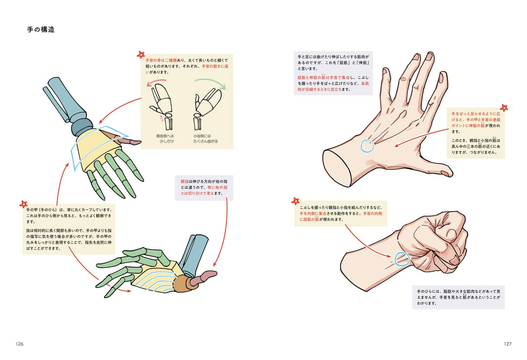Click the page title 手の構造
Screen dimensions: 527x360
click(x=41, y=30)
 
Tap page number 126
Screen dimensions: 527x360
click(x=20, y=344)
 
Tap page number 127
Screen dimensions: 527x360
click(x=507, y=344)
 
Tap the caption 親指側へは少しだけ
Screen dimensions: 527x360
click(x=165, y=138)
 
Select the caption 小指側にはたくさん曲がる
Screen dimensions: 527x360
click(x=205, y=138)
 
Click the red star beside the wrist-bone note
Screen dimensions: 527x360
click(x=141, y=55)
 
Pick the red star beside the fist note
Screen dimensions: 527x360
click(x=295, y=201)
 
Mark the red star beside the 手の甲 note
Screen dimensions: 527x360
click(x=23, y=204)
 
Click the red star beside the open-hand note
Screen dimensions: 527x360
click(x=504, y=108)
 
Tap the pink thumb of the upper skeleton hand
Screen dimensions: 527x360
click(x=130, y=141)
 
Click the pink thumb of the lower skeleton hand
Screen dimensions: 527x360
click(x=203, y=276)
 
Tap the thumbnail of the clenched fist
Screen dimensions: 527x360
click(x=454, y=260)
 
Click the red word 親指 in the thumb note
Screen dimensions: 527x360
click(x=185, y=181)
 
